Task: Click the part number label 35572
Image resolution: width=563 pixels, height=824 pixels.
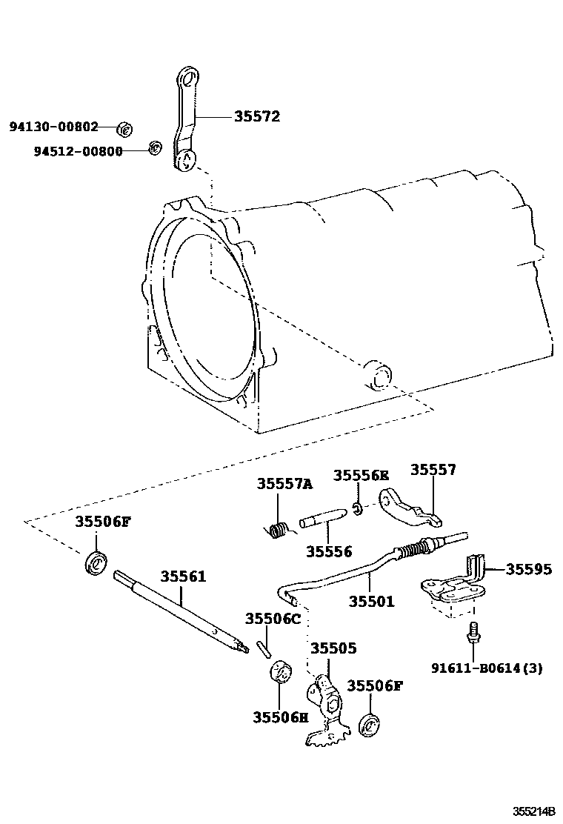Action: [257, 116]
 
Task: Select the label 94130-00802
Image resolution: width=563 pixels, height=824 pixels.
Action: [53, 127]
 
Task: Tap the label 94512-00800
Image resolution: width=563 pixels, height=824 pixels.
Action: [78, 151]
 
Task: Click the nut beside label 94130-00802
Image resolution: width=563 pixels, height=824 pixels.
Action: [125, 130]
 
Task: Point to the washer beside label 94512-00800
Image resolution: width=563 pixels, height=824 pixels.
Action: [155, 147]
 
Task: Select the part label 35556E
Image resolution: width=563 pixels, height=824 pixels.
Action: [361, 475]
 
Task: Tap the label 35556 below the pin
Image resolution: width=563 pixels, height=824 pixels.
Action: [329, 551]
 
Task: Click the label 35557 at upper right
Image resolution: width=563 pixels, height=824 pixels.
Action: [433, 470]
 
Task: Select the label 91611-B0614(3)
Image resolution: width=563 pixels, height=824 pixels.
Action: [487, 668]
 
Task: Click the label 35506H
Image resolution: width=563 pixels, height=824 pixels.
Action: [280, 717]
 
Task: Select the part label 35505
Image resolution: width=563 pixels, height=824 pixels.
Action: [333, 648]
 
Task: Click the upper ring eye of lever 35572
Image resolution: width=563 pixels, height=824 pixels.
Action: [188, 78]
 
